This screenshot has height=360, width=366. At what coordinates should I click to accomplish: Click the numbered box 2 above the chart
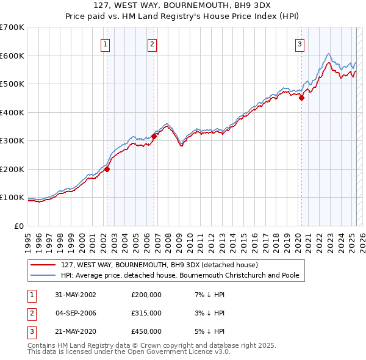pos(152,44)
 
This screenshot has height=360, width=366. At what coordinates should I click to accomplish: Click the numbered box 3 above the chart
pos(300,44)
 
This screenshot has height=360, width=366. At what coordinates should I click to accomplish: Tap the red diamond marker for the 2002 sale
pos(107,170)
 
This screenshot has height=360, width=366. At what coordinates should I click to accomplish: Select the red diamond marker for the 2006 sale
pos(154,137)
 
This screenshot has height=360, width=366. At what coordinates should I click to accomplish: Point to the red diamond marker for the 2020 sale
pos(301,98)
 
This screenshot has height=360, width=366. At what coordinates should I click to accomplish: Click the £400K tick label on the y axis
pos(12,112)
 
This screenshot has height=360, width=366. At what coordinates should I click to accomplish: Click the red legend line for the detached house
pos(43,265)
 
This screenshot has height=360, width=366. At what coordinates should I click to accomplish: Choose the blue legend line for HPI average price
pos(43,275)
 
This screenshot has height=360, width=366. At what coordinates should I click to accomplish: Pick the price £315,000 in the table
pos(146,313)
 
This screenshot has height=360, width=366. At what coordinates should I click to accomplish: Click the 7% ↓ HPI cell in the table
pos(208,295)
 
